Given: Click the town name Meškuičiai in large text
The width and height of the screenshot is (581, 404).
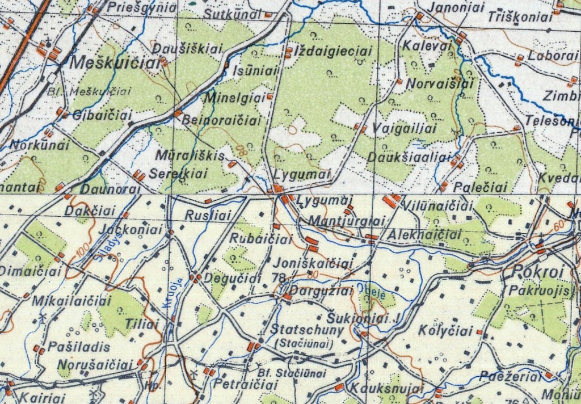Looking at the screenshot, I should click(116, 64).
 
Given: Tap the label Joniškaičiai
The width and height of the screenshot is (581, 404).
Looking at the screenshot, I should click(313, 263).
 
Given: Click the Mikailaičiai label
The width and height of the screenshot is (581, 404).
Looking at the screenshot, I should click(71, 301).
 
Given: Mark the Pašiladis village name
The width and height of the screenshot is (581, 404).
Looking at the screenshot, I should click(71, 346).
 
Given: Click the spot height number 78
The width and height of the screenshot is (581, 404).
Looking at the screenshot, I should click(279, 277).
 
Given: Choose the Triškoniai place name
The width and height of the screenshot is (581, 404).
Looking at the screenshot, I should click(520, 18).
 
